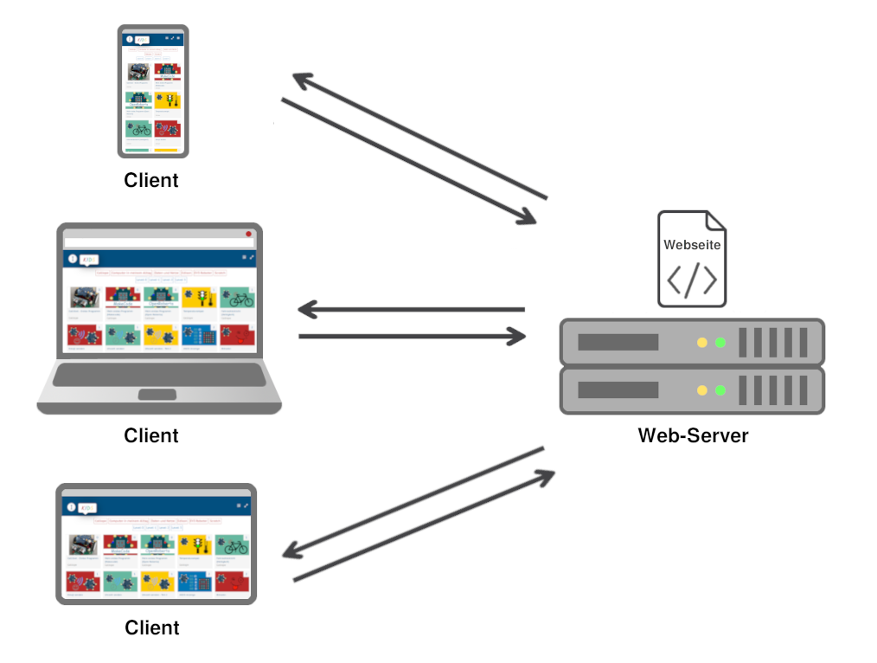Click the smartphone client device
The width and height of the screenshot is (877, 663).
[153, 91]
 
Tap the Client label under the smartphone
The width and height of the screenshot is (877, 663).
[151, 180]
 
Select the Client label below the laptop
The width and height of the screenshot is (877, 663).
[151, 435]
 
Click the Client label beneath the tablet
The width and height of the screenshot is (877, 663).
[152, 627]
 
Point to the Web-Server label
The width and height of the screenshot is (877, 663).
[693, 435]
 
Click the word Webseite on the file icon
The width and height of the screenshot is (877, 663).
[692, 245]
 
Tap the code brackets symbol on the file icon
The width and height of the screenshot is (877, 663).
[691, 280]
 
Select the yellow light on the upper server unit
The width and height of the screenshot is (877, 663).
[701, 343]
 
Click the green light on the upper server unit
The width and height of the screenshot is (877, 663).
[720, 343]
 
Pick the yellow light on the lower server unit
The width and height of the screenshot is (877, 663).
[701, 390]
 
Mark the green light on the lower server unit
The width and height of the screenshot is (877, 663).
[720, 390]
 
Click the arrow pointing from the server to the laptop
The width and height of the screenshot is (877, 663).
[411, 309]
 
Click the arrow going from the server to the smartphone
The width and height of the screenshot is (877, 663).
[419, 136]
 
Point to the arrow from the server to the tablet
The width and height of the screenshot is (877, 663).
[413, 501]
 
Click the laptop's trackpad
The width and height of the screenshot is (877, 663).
[158, 395]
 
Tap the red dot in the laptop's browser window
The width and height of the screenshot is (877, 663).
[248, 234]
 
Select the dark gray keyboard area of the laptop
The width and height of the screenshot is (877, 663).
[159, 375]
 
